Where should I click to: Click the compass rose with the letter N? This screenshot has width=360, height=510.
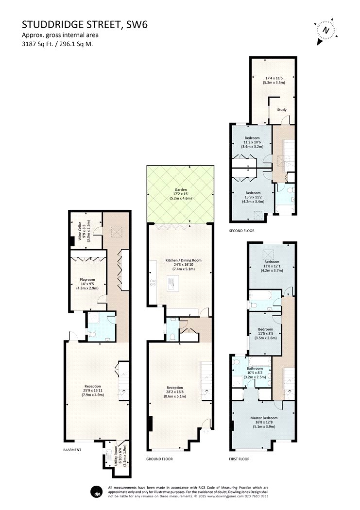326,31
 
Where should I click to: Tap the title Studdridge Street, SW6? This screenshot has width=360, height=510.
85,24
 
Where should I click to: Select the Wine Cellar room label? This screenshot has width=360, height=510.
80,230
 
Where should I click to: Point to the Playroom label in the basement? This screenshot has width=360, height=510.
87,279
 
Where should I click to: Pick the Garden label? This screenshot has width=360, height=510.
181,189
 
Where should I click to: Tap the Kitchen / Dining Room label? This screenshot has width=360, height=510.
184,260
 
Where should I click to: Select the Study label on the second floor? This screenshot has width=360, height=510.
282,110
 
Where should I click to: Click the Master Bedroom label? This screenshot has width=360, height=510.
264,418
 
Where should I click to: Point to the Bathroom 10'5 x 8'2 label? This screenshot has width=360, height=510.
255,373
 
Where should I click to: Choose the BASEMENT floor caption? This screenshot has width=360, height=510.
72,450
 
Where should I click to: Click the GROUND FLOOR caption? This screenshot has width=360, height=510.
159,459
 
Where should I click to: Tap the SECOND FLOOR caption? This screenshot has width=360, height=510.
241,231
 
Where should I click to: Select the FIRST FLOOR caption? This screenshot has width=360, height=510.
240,459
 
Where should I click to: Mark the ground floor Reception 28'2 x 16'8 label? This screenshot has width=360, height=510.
174,392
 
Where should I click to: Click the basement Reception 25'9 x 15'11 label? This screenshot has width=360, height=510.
93,391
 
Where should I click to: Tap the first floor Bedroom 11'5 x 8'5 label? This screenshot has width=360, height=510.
265,333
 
